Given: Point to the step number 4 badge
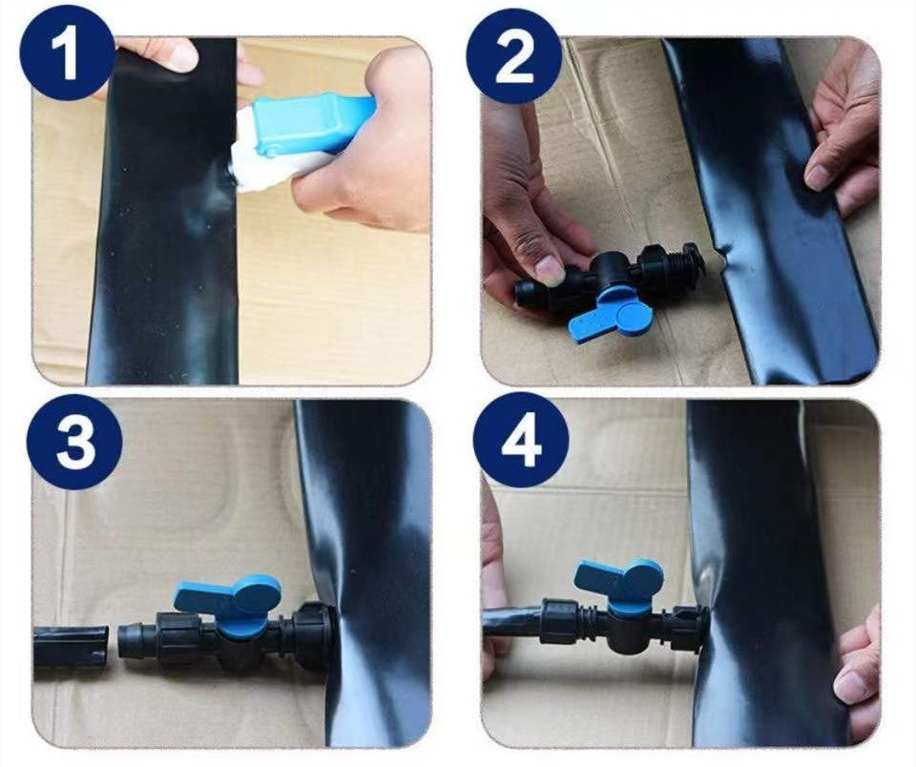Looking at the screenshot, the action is pos(521,441).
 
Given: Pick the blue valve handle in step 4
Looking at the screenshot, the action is pos(620,585).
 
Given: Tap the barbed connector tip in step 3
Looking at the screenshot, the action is pos(132,644).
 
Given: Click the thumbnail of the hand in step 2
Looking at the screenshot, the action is pos(551,269).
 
